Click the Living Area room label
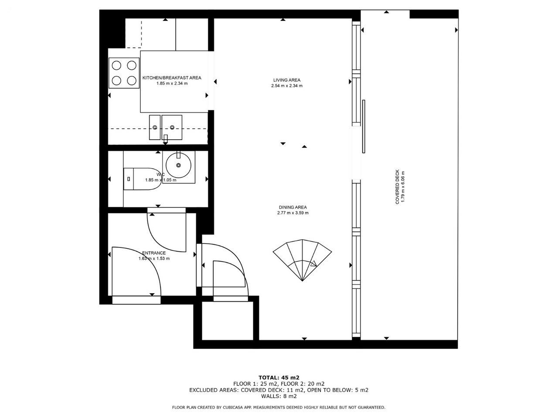click(x=286, y=80)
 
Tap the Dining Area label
click(x=293, y=207)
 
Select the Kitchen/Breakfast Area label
click(x=172, y=78)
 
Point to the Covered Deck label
click(x=397, y=187)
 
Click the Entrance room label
click(x=154, y=253)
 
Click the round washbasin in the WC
click(x=178, y=165)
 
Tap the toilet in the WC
click(x=143, y=179)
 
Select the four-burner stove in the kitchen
click(x=124, y=73)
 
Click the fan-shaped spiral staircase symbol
click(x=302, y=260)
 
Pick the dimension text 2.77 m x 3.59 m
click(x=293, y=213)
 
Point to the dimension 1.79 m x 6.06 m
click(x=403, y=187)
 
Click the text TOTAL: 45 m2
click(x=279, y=378)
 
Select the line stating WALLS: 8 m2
click(x=279, y=396)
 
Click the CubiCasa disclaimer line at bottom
click(x=279, y=407)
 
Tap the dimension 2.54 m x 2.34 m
click(x=287, y=86)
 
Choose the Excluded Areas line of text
click(x=279, y=390)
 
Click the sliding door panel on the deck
click(x=364, y=127)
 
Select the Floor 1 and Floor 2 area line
click(x=279, y=384)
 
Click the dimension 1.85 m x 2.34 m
click(x=172, y=83)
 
